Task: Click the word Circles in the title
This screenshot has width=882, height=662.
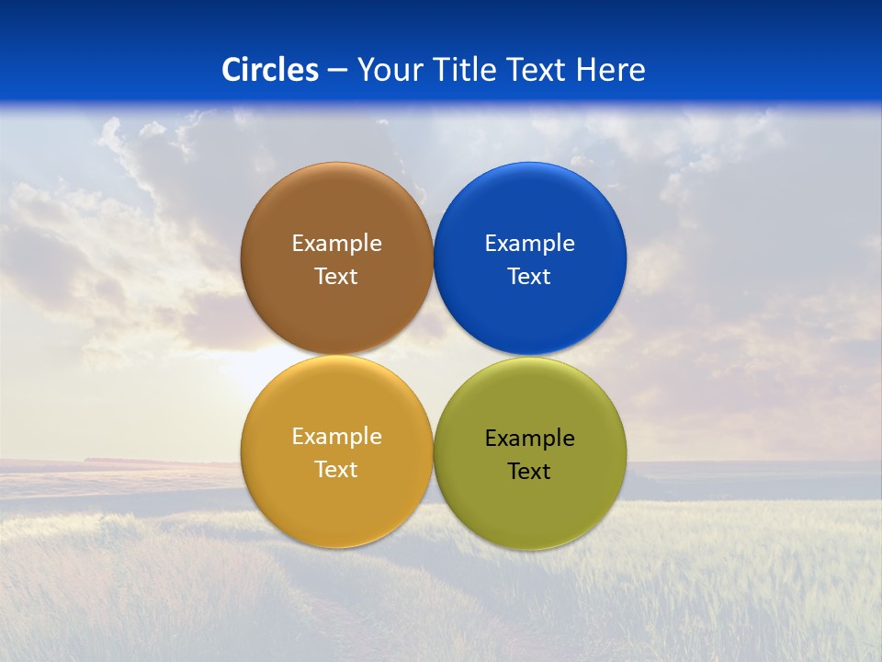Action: pos(270,70)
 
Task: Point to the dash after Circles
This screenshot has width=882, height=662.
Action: pos(337,71)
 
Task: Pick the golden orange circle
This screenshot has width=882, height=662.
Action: pos(336,502)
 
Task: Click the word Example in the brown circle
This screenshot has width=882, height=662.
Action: pos(336,244)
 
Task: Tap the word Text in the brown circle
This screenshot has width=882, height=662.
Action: pos(336,277)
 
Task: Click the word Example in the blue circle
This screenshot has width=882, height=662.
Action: pos(530,244)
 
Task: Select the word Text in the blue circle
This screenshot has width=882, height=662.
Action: pos(530,277)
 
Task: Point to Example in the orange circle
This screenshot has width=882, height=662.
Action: pos(336,437)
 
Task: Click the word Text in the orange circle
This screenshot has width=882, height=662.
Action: pos(336,470)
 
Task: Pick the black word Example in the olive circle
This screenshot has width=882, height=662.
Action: pos(530,439)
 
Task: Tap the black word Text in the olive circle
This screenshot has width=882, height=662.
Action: pos(530,472)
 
